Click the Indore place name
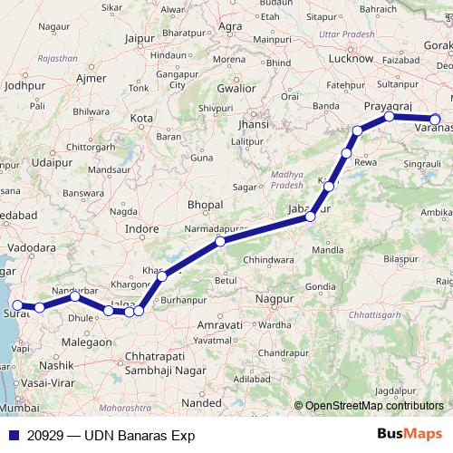click(141, 229)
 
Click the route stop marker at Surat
click(17, 306)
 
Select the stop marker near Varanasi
click(435, 119)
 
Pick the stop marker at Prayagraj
click(389, 116)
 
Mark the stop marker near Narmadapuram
click(220, 242)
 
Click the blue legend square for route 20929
click(11, 435)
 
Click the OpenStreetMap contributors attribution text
click(373, 405)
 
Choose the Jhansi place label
click(253, 124)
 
